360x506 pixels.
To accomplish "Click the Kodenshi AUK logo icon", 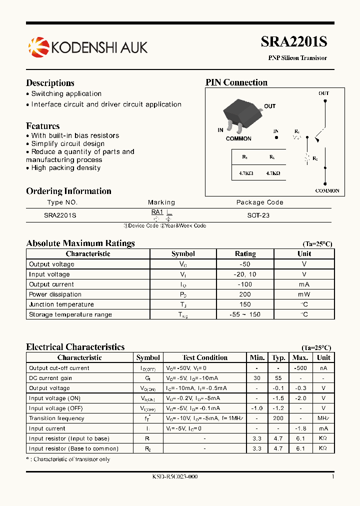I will point(38,47).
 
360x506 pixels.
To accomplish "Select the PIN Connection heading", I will point(236,82).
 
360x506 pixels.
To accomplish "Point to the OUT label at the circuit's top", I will point(324,93).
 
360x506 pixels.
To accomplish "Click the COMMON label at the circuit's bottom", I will point(327,190).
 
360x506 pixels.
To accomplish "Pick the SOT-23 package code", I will point(258,215).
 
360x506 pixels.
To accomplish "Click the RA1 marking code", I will point(157,212).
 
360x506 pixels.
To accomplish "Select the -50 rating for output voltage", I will point(245,264).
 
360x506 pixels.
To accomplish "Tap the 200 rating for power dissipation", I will point(245,294).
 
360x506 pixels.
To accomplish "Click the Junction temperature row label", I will point(61,304).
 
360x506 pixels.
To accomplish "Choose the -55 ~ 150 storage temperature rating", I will point(245,314).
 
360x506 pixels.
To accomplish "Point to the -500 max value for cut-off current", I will point(300,368).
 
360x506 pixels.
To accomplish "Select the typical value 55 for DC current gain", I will point(278,378).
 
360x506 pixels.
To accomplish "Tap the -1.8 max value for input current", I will point(300,428).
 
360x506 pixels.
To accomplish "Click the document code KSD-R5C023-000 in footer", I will point(174,477).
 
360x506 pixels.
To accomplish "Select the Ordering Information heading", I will point(68,191).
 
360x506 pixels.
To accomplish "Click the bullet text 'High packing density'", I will point(65,168).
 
